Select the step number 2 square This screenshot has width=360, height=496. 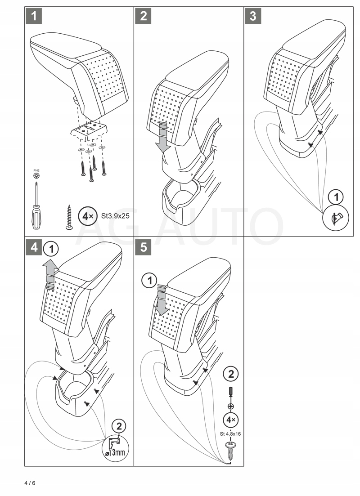click(x=144, y=16)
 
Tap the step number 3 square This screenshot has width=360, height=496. click(x=253, y=16)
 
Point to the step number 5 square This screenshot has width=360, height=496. click(x=144, y=248)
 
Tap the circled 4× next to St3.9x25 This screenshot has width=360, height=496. click(x=86, y=216)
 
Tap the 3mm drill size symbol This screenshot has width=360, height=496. click(x=116, y=451)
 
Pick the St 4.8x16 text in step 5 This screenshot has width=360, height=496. click(x=231, y=434)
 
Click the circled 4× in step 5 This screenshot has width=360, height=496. click(x=231, y=420)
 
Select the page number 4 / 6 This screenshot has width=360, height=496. click(x=30, y=483)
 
